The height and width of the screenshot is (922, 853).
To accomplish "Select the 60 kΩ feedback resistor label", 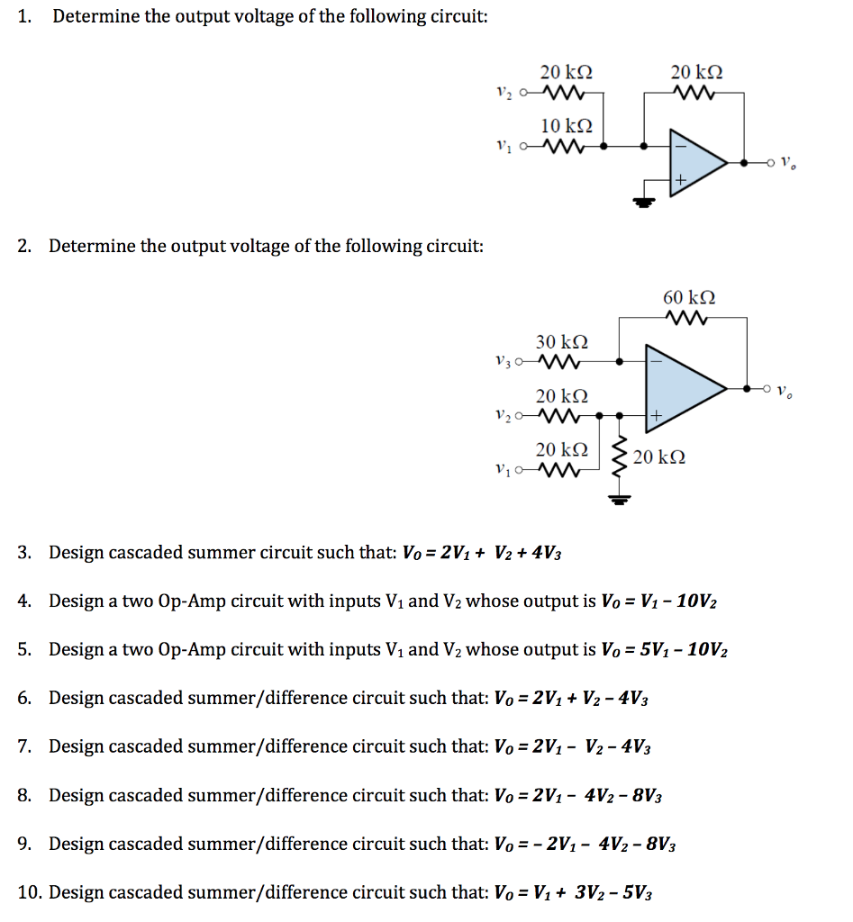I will click(x=689, y=298).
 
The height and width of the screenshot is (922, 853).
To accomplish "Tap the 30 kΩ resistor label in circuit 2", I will click(x=561, y=342).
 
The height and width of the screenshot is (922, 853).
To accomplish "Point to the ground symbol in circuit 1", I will click(x=641, y=201).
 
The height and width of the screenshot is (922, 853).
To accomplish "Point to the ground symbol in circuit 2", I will click(x=618, y=501).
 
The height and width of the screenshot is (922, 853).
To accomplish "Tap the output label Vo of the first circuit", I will click(x=789, y=164).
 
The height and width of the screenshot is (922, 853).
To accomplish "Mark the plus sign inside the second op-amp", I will click(x=656, y=416).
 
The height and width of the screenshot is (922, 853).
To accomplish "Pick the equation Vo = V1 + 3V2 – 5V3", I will click(x=574, y=892).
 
